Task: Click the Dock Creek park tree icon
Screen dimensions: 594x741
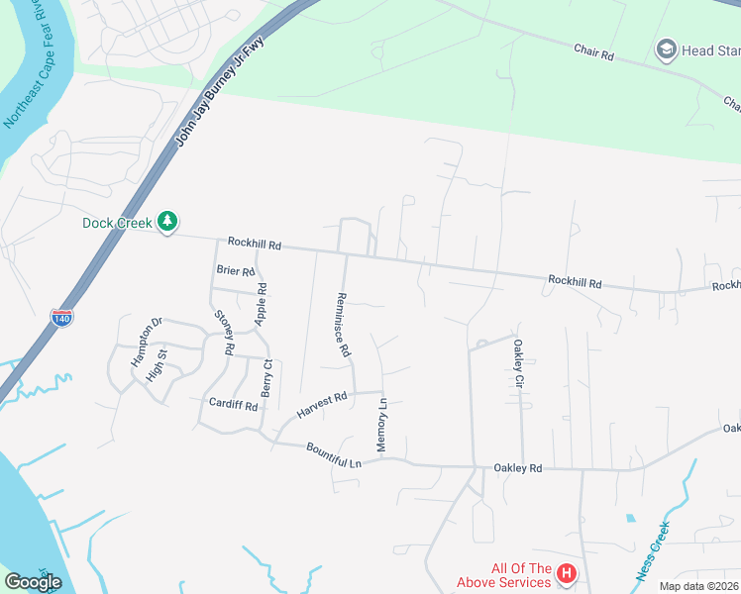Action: tap(168, 222)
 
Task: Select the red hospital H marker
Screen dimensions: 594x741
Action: tap(566, 573)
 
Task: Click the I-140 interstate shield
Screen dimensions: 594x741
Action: tap(60, 318)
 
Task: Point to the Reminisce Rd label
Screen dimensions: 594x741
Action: tap(343, 325)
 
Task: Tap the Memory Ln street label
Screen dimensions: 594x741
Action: tap(381, 427)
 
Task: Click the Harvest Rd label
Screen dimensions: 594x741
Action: tap(322, 405)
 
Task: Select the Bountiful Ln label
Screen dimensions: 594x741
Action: tap(335, 455)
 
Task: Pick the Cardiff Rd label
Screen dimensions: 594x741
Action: tap(234, 404)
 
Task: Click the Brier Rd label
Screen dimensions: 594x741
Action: tap(235, 269)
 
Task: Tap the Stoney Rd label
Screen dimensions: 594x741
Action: tap(223, 332)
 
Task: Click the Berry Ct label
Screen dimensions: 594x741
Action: tap(265, 379)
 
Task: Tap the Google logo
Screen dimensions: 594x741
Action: tap(33, 582)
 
